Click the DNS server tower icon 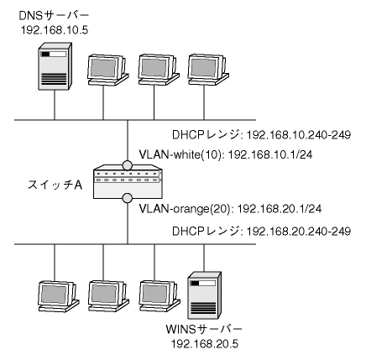click(x=55, y=66)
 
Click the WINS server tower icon click(x=204, y=295)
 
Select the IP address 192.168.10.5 click(x=55, y=29)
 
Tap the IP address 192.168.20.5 click(x=205, y=344)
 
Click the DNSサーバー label click(x=54, y=16)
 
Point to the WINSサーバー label click(x=204, y=330)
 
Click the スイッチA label click(x=55, y=185)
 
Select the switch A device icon click(x=128, y=182)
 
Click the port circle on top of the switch click(x=128, y=165)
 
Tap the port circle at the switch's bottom click(x=128, y=198)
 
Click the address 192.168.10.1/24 click(x=270, y=154)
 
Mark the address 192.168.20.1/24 click(x=280, y=209)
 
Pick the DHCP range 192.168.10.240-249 click(x=298, y=135)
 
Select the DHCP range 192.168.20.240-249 click(x=298, y=232)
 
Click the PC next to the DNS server click(x=107, y=70)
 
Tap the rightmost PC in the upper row click(x=208, y=70)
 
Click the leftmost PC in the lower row click(x=59, y=296)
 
